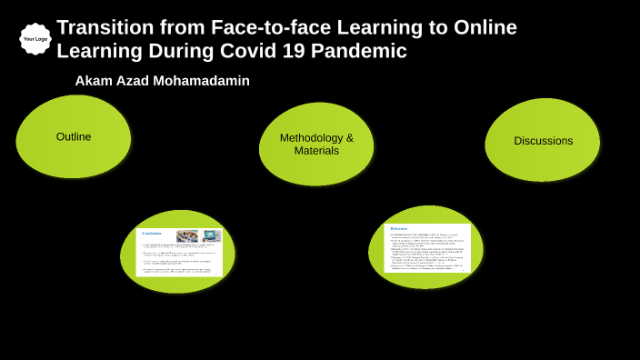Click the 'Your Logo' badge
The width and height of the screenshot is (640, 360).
[x=35, y=39]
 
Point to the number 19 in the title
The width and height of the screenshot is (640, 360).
[x=294, y=52]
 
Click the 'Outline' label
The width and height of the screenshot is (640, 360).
[x=74, y=136]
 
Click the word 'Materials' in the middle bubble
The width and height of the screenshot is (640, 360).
[x=316, y=151]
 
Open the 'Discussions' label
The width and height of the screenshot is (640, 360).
[x=543, y=141]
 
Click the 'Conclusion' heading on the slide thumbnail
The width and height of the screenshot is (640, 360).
[x=152, y=234]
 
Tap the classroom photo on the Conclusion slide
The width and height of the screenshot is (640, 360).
[x=187, y=236]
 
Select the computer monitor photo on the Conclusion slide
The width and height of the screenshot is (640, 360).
[x=211, y=236]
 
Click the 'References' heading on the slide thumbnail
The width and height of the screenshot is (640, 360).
[x=399, y=228]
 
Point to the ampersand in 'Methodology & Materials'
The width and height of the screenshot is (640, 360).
[x=349, y=138]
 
